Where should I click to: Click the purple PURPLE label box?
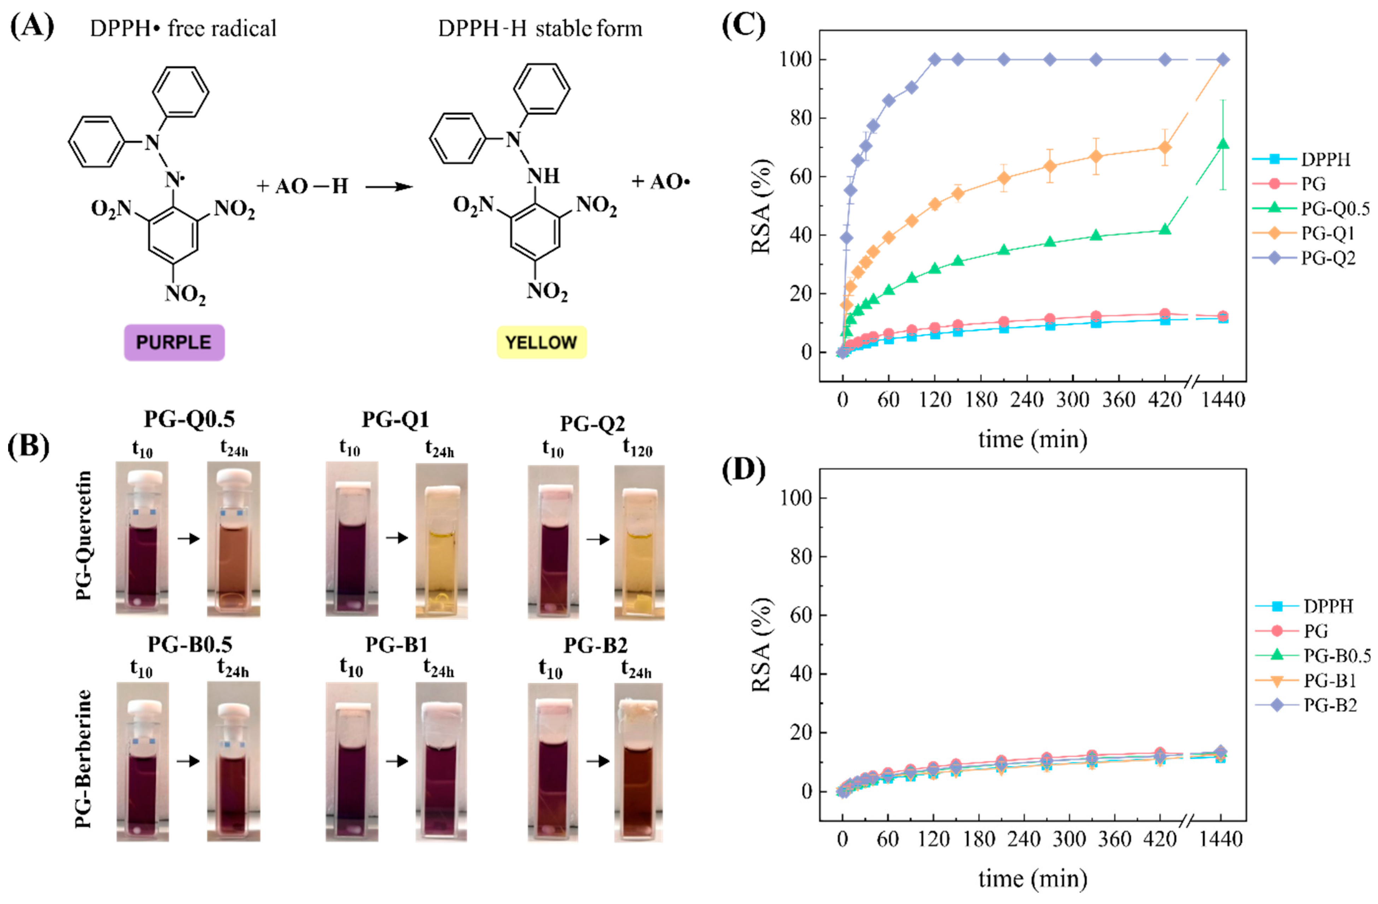tap(174, 342)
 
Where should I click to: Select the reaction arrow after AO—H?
tap(388, 186)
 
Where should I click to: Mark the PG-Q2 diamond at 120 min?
tap(934, 60)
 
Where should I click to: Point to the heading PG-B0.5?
tap(190, 644)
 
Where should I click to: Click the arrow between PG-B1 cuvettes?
tap(397, 760)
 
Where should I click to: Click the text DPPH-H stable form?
tap(540, 28)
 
